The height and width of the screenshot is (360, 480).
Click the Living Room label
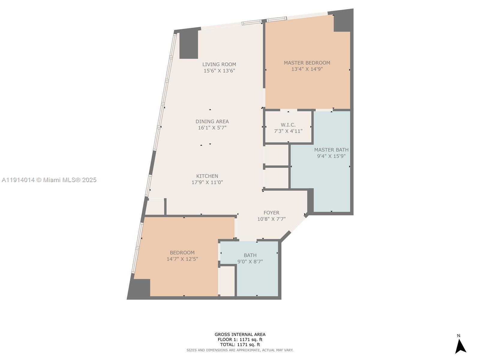219,64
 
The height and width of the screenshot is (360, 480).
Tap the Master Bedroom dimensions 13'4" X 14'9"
307,69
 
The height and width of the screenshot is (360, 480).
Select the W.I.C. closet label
288,125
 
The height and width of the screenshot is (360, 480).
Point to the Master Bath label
331,150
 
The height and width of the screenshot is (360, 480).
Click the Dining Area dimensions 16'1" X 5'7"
212,128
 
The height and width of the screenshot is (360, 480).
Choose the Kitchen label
207,176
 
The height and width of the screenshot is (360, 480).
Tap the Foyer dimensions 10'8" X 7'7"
271,219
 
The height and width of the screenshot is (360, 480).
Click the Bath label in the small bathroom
250,255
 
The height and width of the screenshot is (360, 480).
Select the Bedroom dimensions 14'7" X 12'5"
182,259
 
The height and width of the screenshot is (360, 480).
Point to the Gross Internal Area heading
240,334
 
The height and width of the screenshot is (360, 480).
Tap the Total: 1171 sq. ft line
240,345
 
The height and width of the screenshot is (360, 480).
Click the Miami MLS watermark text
49,180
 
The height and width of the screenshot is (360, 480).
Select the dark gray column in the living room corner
189,45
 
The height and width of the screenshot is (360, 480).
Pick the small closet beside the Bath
227,281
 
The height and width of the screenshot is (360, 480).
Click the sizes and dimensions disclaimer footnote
240,350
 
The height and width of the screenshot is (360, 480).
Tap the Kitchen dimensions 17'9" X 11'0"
207,182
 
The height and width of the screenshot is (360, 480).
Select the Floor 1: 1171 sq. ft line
240,340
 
